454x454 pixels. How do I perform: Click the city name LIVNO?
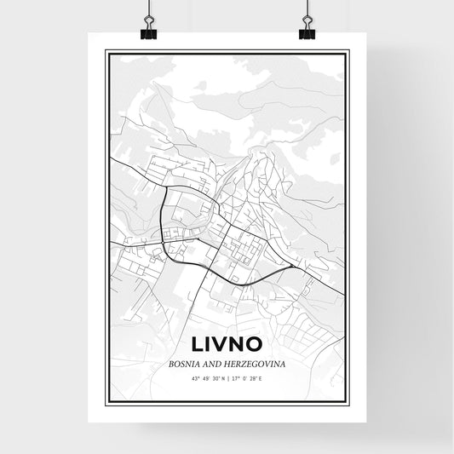(227, 345)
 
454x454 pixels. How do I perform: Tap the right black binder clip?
(307, 31)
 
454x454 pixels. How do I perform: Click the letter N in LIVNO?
(242, 345)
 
